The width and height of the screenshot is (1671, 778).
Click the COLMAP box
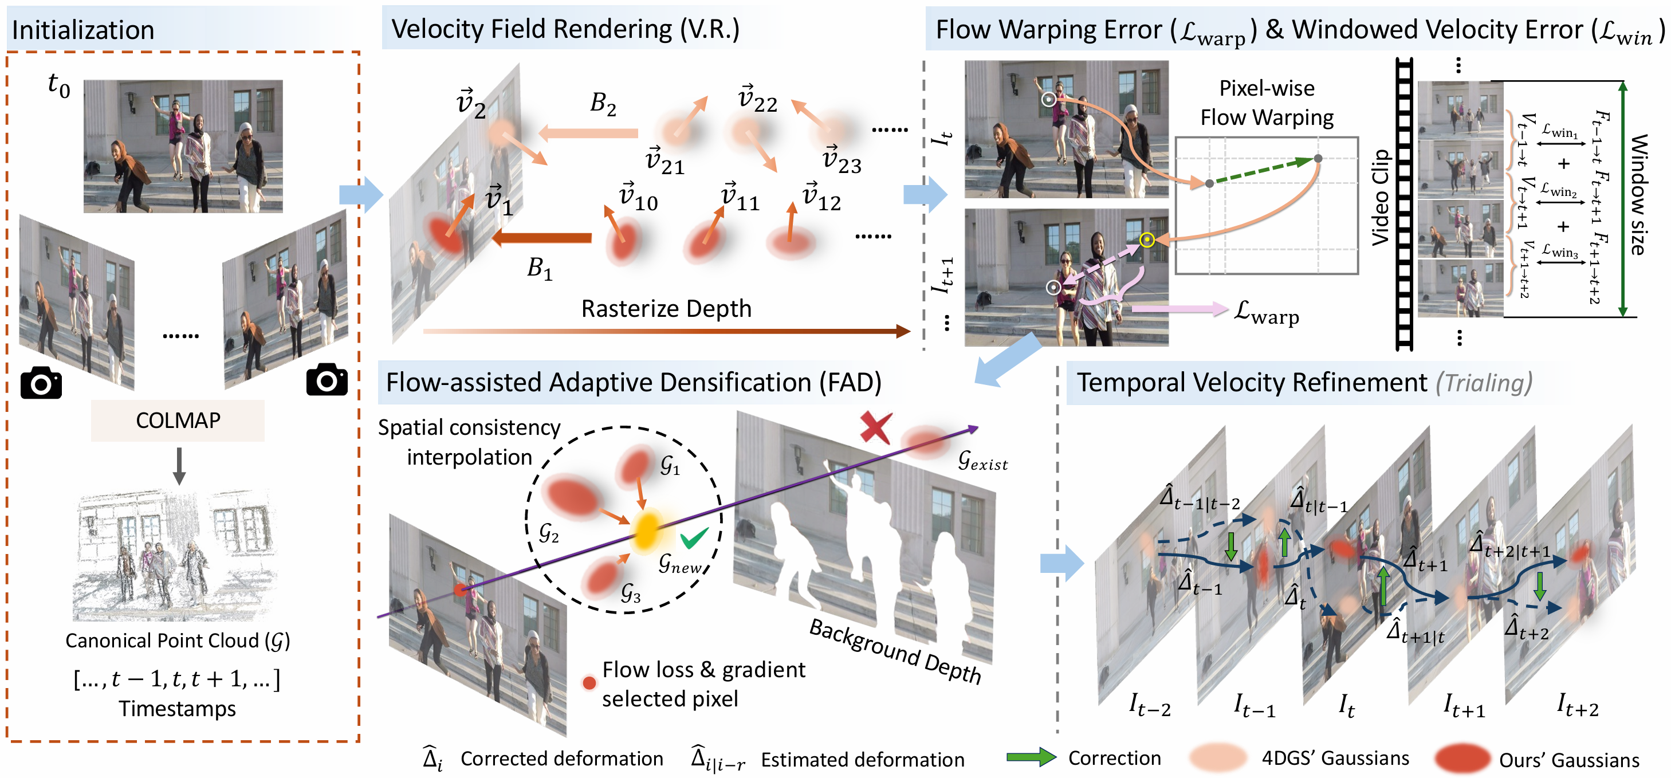[x=177, y=421]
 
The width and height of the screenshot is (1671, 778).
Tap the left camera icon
[x=41, y=382]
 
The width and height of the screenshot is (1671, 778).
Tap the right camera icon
[x=327, y=380]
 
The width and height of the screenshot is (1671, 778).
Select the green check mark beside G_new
[x=694, y=538]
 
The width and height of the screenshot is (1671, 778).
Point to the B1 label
[x=539, y=268]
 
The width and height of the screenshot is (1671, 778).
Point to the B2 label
[x=603, y=103]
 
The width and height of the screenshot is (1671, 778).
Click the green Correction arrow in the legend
[x=1031, y=757]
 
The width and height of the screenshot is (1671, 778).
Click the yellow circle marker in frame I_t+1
[x=1147, y=240]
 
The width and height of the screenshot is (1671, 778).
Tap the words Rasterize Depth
[x=666, y=309]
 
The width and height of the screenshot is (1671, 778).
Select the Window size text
[x=1638, y=195]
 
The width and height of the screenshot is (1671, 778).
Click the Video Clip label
[x=1381, y=197]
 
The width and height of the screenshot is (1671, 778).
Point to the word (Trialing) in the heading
[x=1484, y=383]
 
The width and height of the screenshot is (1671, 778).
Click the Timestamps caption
[x=177, y=709]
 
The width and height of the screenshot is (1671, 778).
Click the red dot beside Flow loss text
[x=589, y=683]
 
